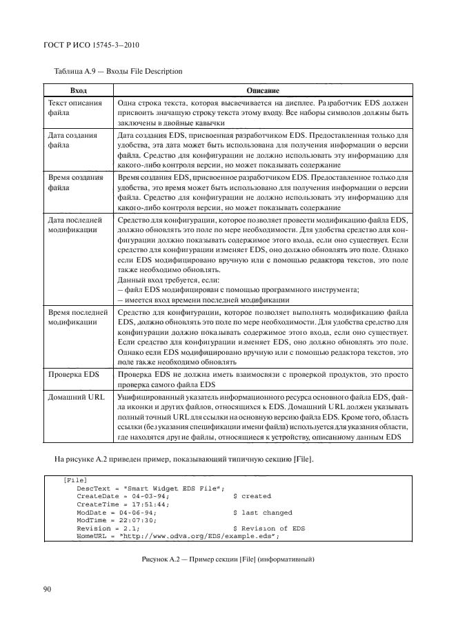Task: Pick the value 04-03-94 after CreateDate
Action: pyautogui.click(x=146, y=496)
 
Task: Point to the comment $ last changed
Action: pyautogui.click(x=263, y=513)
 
